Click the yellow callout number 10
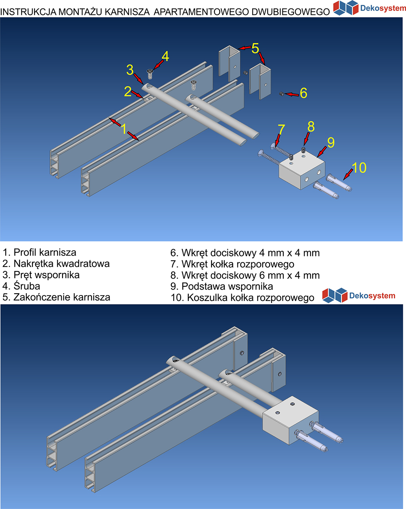click(359, 168)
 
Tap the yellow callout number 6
click(303, 93)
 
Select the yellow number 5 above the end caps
click(255, 48)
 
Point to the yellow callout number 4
click(165, 56)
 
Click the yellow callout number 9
click(331, 142)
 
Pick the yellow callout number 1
click(124, 129)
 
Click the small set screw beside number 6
click(281, 94)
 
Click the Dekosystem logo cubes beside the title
click(346, 8)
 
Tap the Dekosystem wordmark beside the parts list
click(372, 296)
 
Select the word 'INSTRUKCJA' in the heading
click(28, 12)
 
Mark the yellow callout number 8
click(311, 127)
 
